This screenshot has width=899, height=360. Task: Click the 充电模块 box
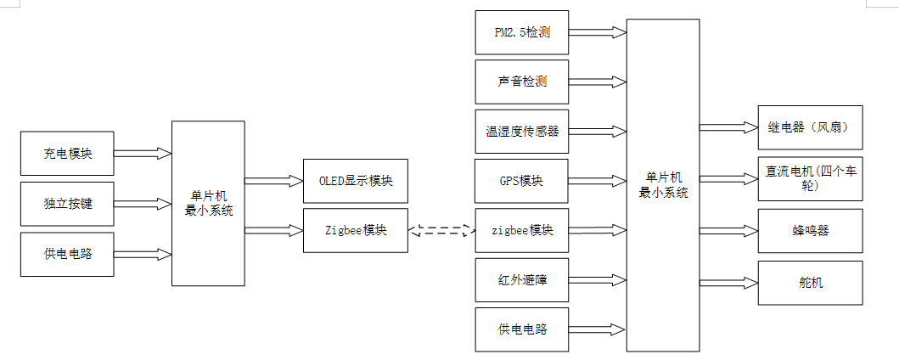68,154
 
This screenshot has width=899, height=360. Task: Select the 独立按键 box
68,204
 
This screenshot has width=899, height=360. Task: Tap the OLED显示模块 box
355,181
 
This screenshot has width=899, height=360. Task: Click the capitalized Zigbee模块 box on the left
355,230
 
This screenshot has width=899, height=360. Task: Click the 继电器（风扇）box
809,127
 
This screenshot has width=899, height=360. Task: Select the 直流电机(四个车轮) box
809,177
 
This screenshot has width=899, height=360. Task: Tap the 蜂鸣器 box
809,230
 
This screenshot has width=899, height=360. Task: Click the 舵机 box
809,282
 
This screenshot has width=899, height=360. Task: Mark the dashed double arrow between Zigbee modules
441,230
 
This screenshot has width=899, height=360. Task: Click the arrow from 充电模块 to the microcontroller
143,154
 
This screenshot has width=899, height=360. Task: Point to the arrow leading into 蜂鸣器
728,230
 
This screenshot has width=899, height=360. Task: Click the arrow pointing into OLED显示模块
273,181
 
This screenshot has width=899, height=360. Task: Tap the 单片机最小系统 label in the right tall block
663,185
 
